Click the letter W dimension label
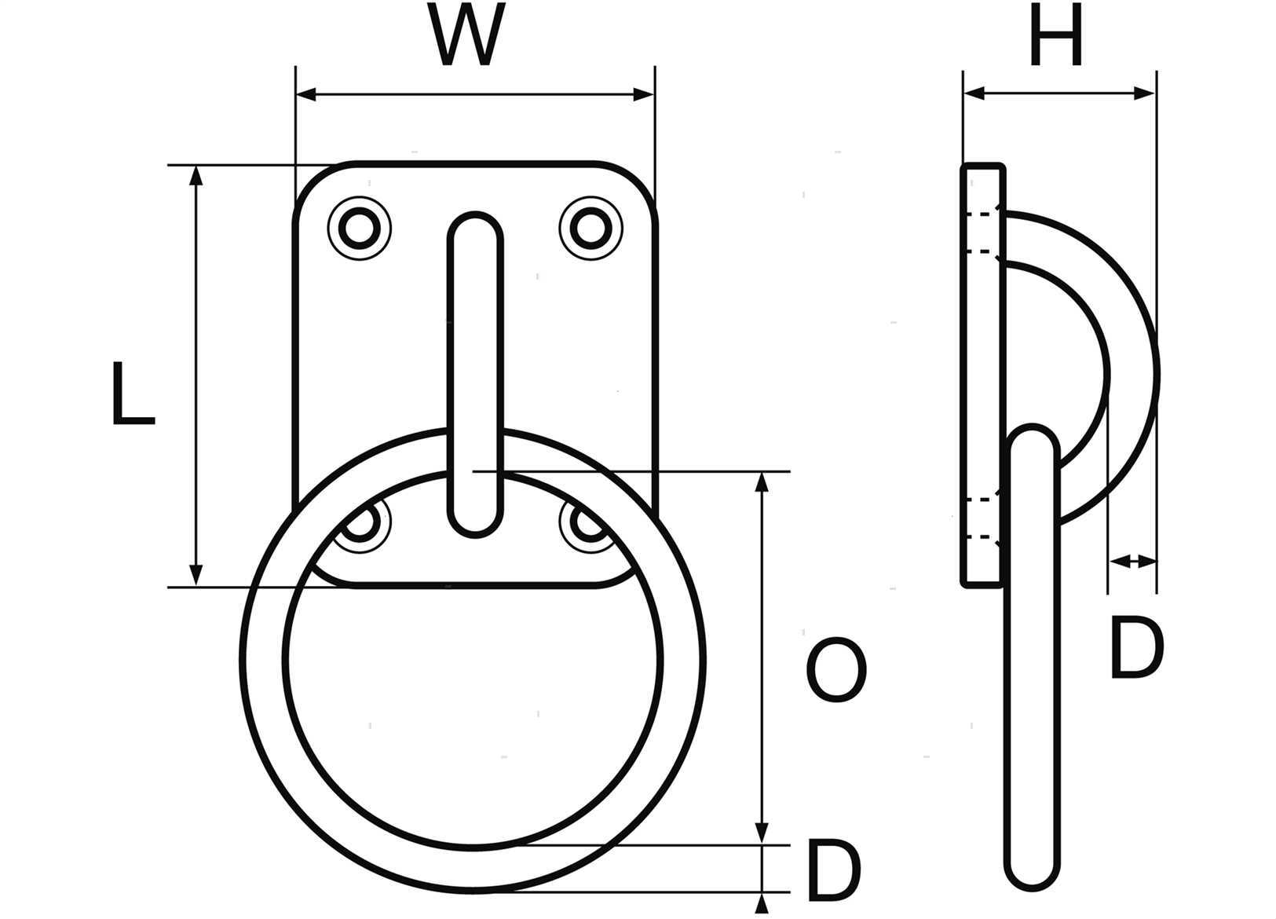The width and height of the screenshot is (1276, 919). coord(467,35)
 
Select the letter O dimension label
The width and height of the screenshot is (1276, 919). coord(836,669)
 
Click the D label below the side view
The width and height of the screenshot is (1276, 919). coord(1136,647)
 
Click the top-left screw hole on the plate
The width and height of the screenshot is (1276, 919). coord(360,228)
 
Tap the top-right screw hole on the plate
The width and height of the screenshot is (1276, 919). coord(590,228)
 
